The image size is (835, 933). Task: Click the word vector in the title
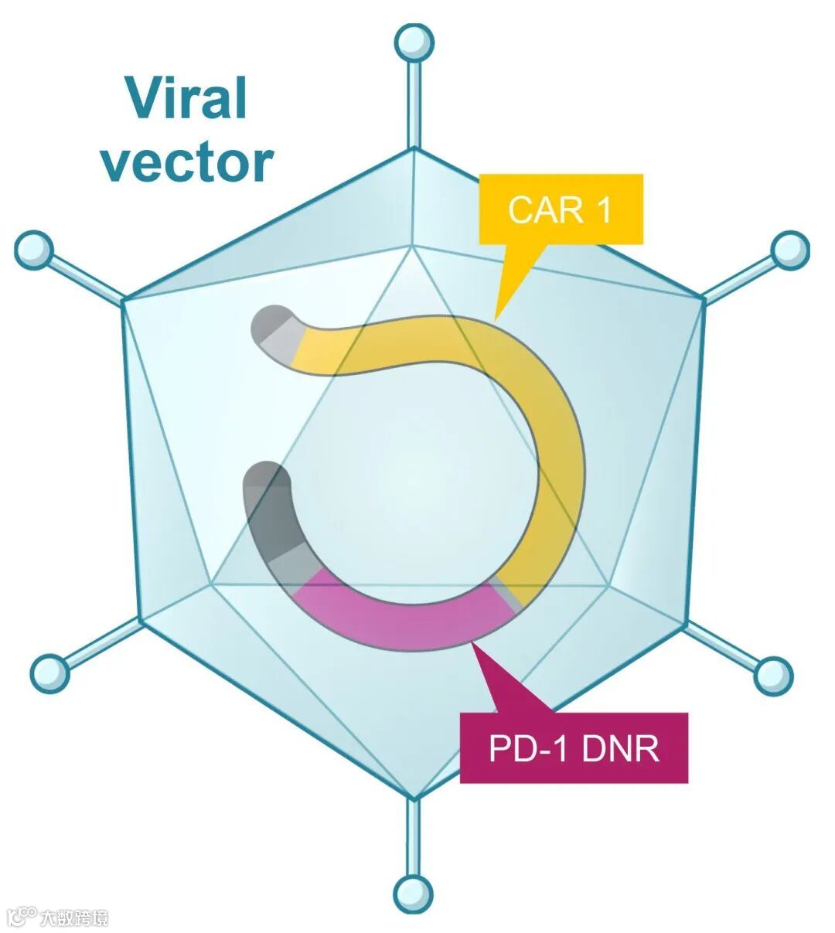(x=187, y=162)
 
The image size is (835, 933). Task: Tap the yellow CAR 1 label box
(x=561, y=209)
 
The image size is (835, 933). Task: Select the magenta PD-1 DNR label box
(x=574, y=747)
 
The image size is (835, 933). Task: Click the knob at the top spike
(x=414, y=43)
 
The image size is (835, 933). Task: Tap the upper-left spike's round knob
(x=34, y=250)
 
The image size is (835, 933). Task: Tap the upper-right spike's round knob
(x=789, y=250)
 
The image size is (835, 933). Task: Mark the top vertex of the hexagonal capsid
(x=414, y=148)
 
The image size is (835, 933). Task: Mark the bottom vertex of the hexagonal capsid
(x=414, y=798)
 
